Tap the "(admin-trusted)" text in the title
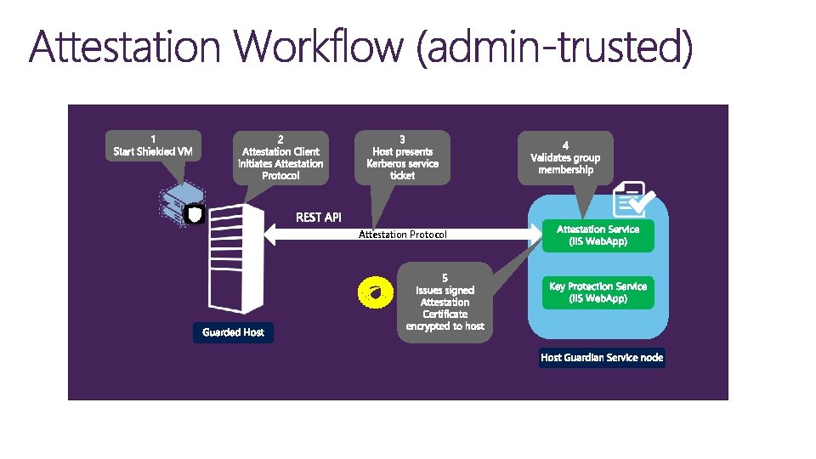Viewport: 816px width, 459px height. tap(554, 48)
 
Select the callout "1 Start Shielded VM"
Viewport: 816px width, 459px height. tap(153, 145)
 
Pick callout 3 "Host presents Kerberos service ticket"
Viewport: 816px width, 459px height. tap(402, 156)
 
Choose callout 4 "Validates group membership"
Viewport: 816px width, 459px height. tap(565, 156)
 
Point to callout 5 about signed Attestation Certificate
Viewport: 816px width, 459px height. tap(445, 302)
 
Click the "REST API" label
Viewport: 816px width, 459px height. tap(319, 218)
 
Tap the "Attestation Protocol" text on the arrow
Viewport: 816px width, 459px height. tap(402, 235)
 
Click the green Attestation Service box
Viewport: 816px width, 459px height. tap(598, 235)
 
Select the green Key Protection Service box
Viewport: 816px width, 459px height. tap(598, 292)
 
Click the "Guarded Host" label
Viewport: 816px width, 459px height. tap(233, 332)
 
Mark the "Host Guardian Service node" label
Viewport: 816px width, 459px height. tap(602, 358)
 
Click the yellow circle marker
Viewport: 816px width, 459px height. tap(374, 292)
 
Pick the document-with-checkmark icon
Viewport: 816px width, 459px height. tap(631, 200)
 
